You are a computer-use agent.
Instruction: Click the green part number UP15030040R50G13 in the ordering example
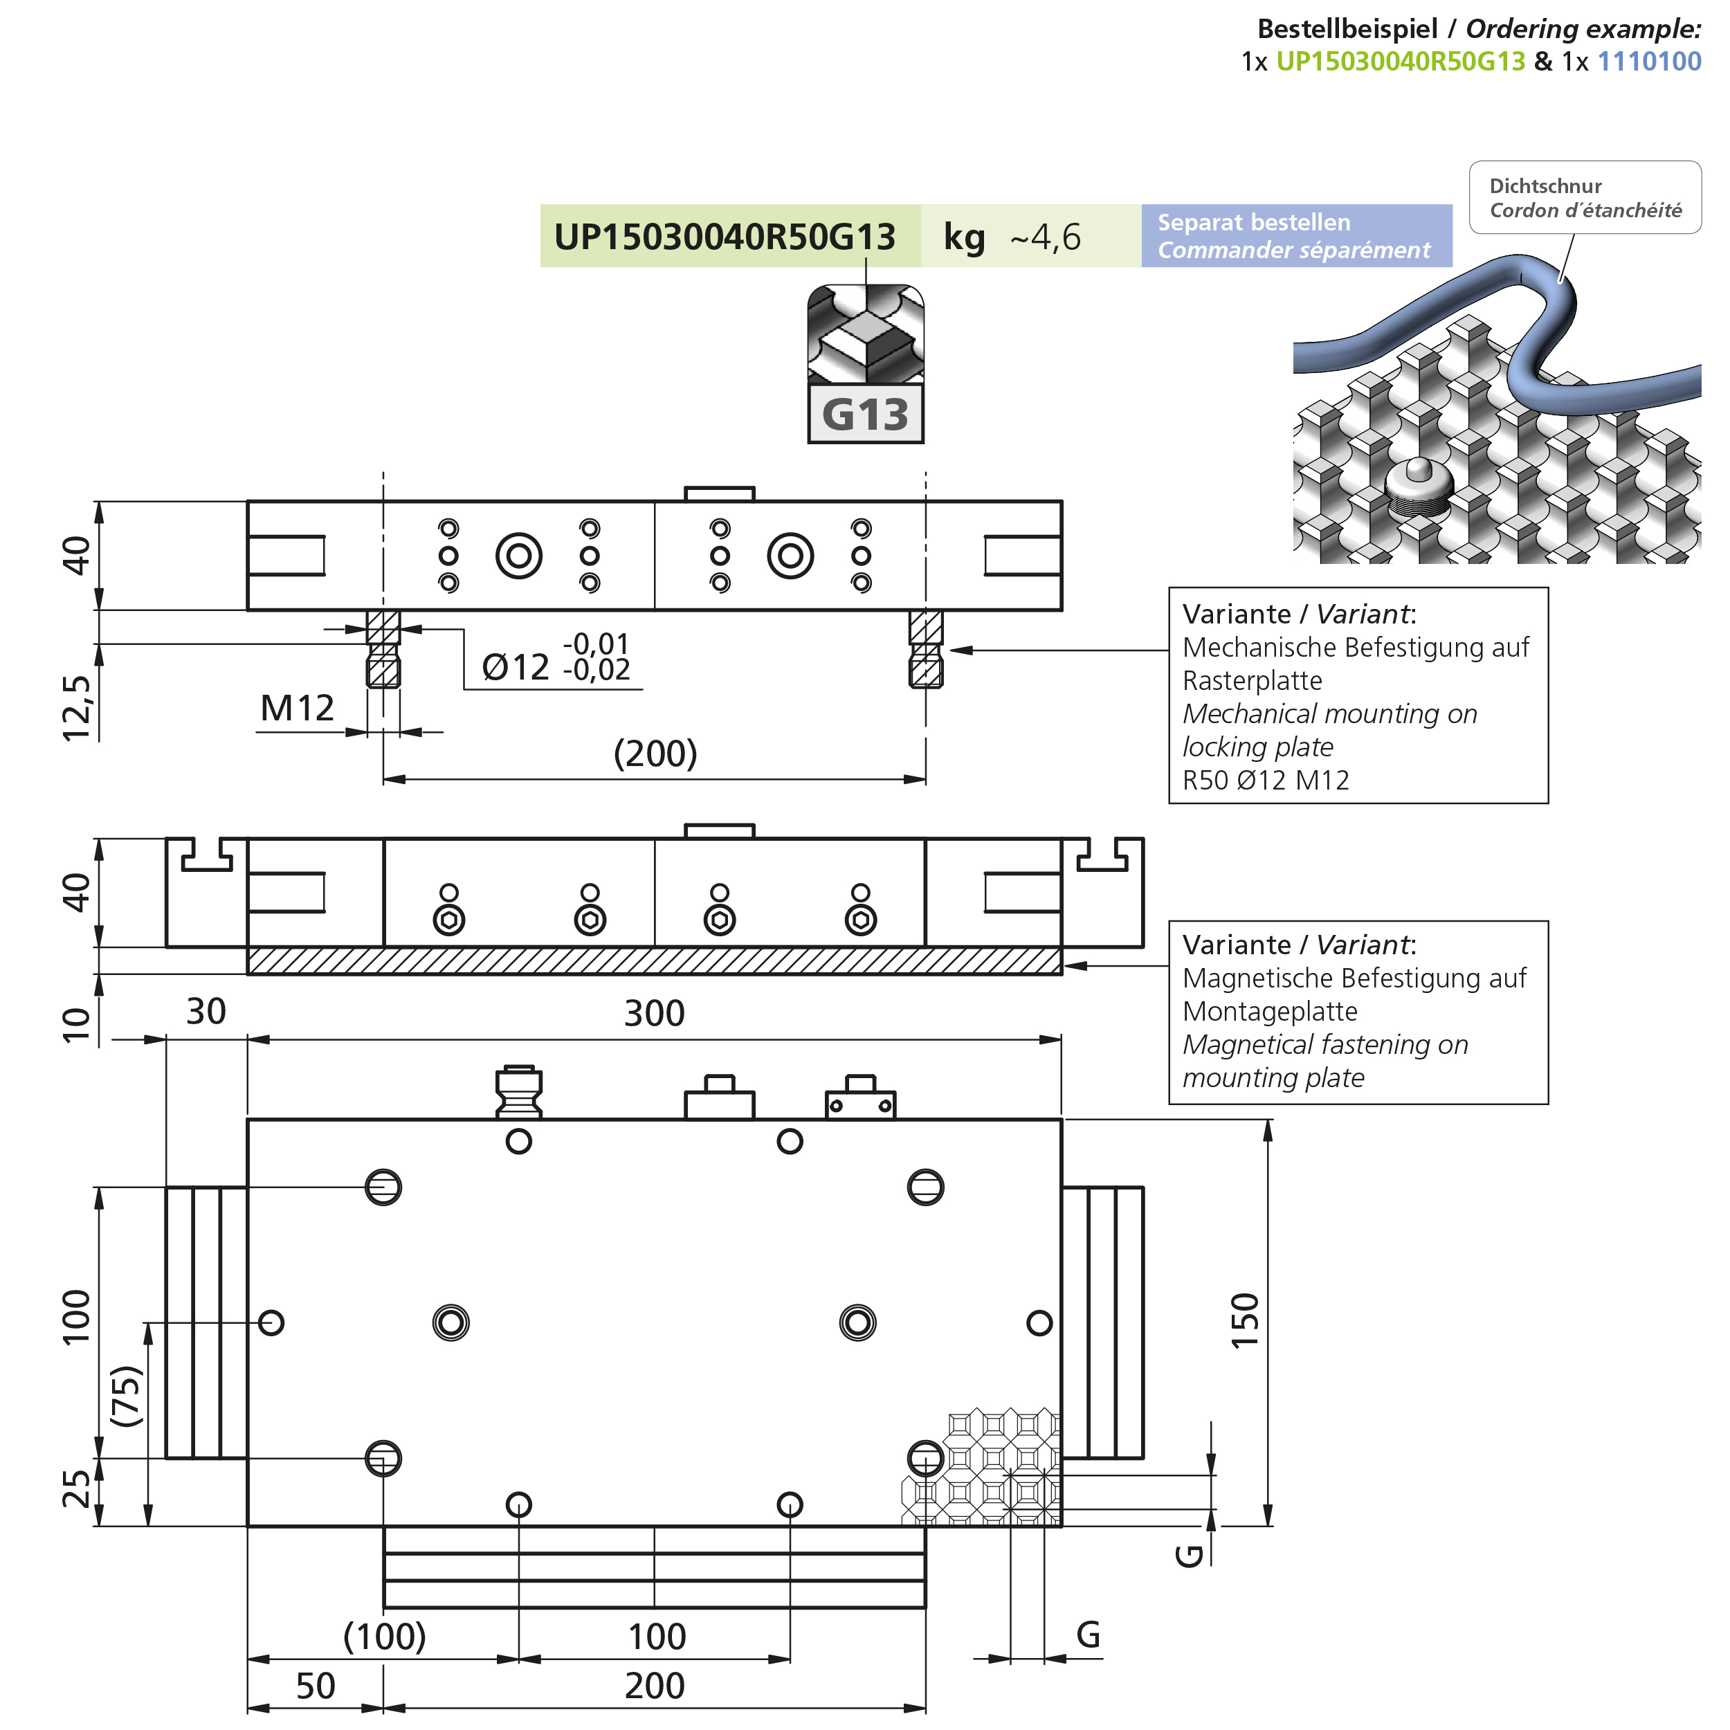[1400, 61]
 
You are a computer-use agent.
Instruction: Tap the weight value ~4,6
[1045, 237]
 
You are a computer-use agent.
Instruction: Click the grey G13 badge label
[865, 414]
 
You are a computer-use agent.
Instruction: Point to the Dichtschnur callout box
[1585, 198]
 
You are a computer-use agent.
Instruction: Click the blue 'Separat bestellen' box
[1295, 235]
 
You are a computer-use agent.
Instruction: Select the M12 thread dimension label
[296, 709]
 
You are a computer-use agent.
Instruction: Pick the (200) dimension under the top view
[655, 753]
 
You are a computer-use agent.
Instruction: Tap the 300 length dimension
[654, 1014]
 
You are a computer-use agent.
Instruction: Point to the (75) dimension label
[126, 1396]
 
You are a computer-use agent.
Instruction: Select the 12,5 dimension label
[77, 707]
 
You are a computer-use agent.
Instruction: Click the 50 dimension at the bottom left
[315, 1686]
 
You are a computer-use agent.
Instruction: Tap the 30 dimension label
[206, 1012]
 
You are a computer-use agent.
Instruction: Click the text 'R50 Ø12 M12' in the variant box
[1265, 780]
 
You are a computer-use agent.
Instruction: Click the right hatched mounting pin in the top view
[925, 648]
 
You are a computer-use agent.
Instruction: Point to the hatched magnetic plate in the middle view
[654, 960]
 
